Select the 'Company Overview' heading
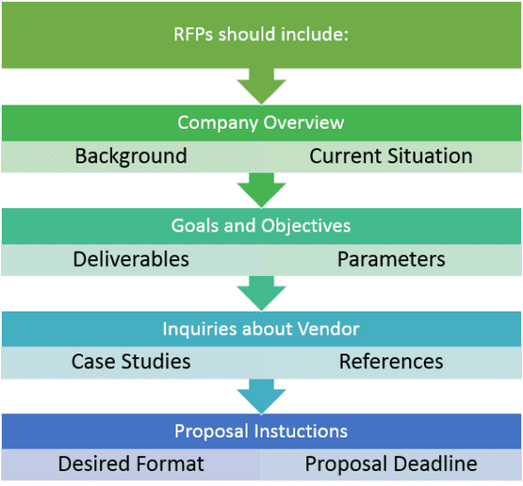[261, 123]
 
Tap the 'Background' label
[131, 156]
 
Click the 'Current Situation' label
[390, 156]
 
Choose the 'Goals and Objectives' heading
[261, 226]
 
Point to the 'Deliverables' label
[131, 258]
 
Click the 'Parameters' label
[390, 258]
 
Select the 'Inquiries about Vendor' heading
[261, 328]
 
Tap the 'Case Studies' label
[131, 361]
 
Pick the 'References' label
[390, 361]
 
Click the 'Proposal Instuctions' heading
[261, 431]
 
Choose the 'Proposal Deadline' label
[390, 464]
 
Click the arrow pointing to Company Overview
[261, 87]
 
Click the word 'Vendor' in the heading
[331, 328]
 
